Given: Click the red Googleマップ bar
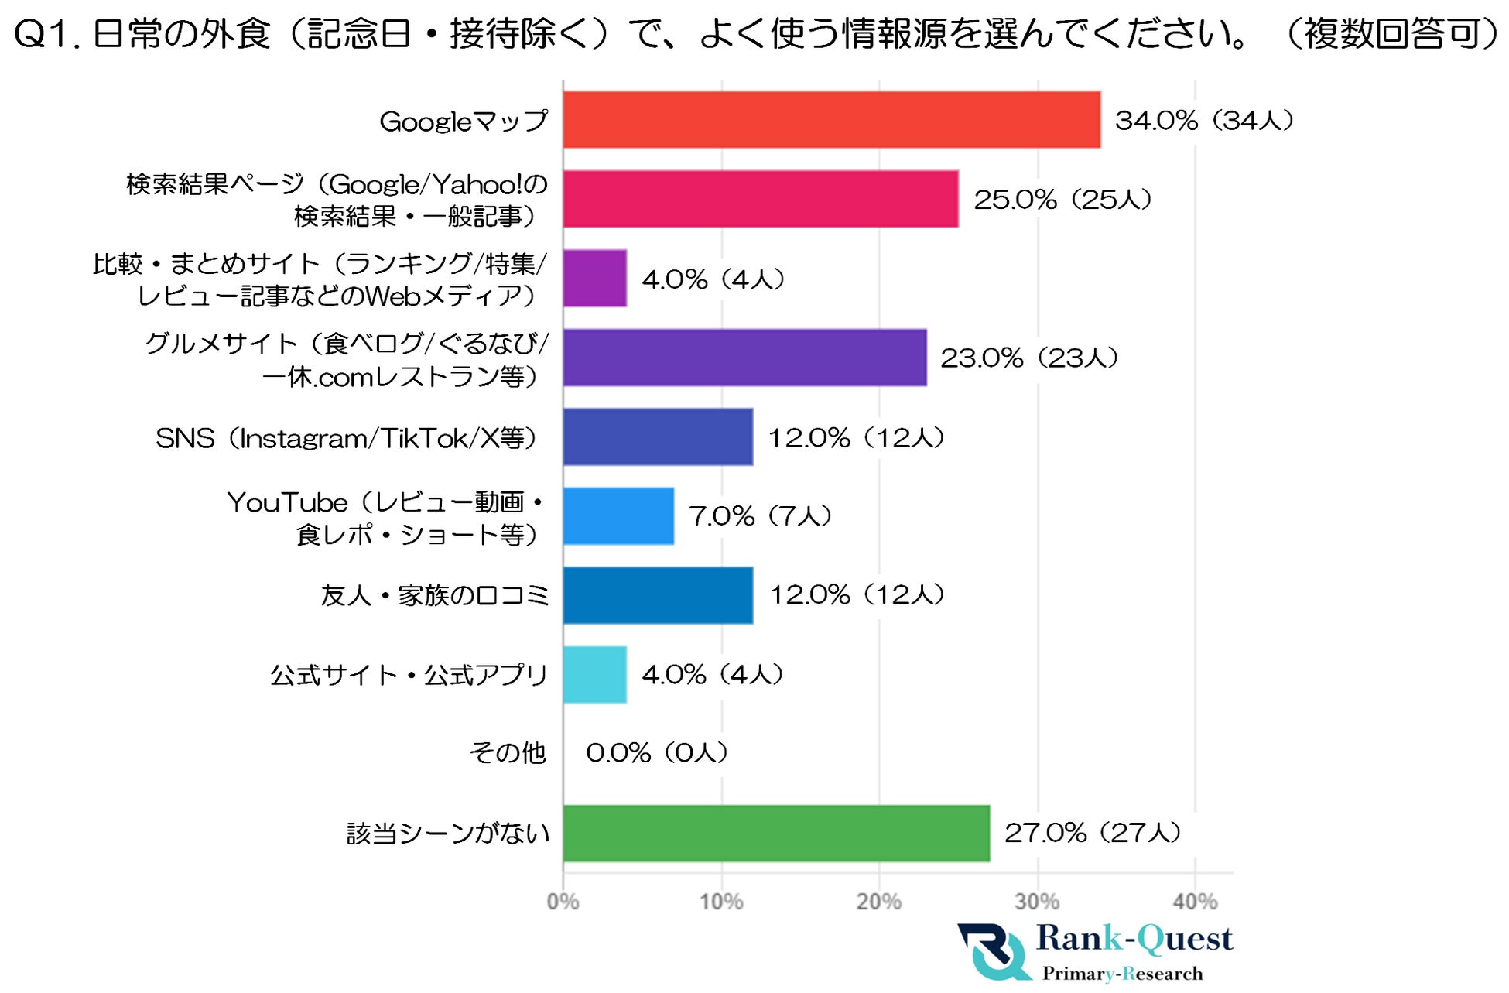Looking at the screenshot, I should [831, 120].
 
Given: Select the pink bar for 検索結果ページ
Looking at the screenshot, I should [760, 199].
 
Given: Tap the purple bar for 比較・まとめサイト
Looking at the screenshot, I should [594, 279].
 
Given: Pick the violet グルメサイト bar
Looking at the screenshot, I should [744, 358].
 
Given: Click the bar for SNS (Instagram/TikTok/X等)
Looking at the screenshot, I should [658, 437].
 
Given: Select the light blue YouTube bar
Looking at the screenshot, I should [618, 516].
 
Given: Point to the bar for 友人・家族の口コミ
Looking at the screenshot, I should [658, 595].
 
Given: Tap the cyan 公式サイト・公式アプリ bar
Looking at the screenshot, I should [594, 674].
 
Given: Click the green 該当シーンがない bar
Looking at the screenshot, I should [776, 833].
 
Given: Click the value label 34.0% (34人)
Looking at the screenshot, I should [1204, 121].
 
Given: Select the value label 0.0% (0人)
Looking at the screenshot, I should [657, 752].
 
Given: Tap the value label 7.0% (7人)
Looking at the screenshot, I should [760, 516].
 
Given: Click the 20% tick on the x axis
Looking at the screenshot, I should [878, 902].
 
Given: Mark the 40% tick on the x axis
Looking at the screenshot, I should [1194, 902].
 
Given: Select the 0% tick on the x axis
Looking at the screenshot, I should [563, 902].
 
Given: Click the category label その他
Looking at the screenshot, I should [507, 752].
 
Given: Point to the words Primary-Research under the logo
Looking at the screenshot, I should [1122, 974].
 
